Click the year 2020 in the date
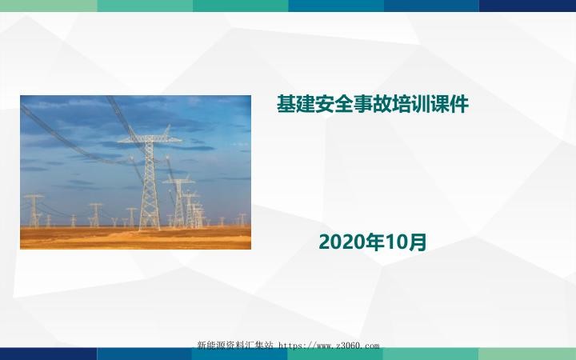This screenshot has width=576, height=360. [339, 242]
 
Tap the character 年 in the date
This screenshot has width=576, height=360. [369, 242]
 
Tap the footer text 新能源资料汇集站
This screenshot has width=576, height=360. [234, 346]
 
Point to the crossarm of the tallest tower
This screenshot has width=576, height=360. [150, 139]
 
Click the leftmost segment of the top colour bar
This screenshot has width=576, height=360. [48, 6]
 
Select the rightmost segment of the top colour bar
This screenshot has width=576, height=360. [528, 6]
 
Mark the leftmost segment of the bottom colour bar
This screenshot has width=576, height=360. [48, 354]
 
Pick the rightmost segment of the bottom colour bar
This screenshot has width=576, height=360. [528, 354]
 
